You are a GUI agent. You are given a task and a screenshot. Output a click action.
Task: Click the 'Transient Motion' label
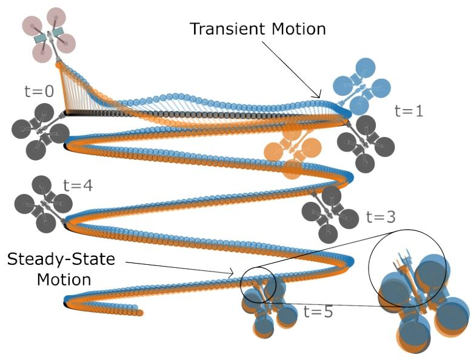258,28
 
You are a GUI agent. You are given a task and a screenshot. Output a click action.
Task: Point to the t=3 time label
380,216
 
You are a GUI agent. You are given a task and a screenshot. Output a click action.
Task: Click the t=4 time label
78,185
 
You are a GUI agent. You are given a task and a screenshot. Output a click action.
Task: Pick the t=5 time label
318,313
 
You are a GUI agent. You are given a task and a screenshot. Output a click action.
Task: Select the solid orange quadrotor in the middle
294,150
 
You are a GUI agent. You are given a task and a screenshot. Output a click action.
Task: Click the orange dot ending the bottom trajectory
139,313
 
